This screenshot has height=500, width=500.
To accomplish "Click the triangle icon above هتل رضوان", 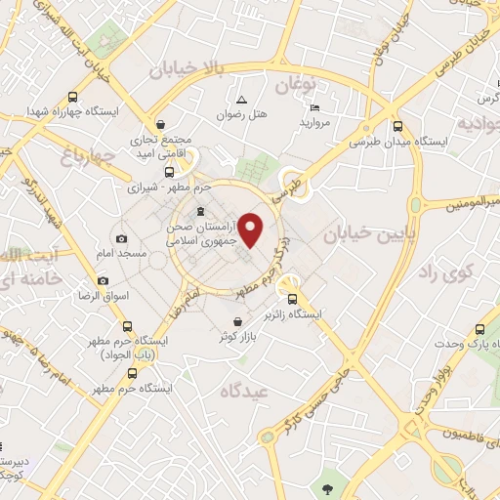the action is (x=241, y=100).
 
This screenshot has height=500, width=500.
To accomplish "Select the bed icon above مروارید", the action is (x=313, y=107).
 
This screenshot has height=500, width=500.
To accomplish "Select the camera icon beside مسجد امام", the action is (x=121, y=239).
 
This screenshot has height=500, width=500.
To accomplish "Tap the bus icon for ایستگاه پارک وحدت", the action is (x=479, y=330).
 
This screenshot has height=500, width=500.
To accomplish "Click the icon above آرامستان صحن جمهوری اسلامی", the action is (x=199, y=212).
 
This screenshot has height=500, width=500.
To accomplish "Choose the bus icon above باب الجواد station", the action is (x=127, y=326).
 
